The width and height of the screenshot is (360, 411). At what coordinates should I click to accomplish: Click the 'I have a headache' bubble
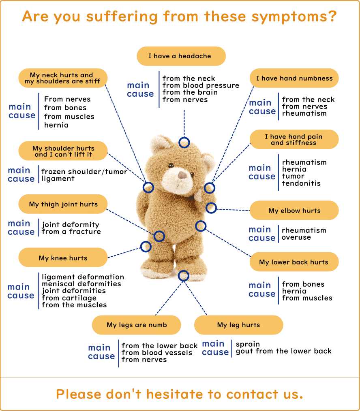(x=181, y=56)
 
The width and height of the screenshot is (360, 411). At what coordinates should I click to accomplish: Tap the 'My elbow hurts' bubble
(x=294, y=211)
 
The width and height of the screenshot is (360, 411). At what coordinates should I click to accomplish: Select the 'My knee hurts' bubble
(x=63, y=258)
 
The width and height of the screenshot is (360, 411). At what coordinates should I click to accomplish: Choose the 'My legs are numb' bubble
(x=137, y=325)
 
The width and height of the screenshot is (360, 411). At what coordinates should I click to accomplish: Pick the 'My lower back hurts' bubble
(x=294, y=262)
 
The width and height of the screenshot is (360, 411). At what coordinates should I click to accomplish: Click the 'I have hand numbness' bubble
(x=294, y=79)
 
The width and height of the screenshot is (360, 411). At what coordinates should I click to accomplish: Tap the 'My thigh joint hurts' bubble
(x=63, y=204)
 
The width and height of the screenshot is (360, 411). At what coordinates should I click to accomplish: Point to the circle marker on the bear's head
(x=184, y=142)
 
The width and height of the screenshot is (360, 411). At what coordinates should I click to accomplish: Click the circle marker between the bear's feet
(x=184, y=276)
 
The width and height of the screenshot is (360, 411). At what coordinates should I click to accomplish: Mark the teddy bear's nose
(x=183, y=175)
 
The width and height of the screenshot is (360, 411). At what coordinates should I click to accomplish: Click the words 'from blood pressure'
(x=201, y=85)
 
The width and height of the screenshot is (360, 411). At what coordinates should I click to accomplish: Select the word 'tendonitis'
(x=301, y=183)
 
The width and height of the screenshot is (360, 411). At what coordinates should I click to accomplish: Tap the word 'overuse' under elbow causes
(x=296, y=237)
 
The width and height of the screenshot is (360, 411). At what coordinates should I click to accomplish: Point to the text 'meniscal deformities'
(x=81, y=284)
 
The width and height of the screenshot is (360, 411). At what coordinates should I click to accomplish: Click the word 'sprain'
(x=248, y=344)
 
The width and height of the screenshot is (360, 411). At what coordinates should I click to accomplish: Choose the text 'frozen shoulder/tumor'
(x=84, y=172)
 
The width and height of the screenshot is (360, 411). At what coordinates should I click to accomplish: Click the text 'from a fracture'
(x=71, y=232)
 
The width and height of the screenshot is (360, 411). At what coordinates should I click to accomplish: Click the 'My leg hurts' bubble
(x=238, y=325)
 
